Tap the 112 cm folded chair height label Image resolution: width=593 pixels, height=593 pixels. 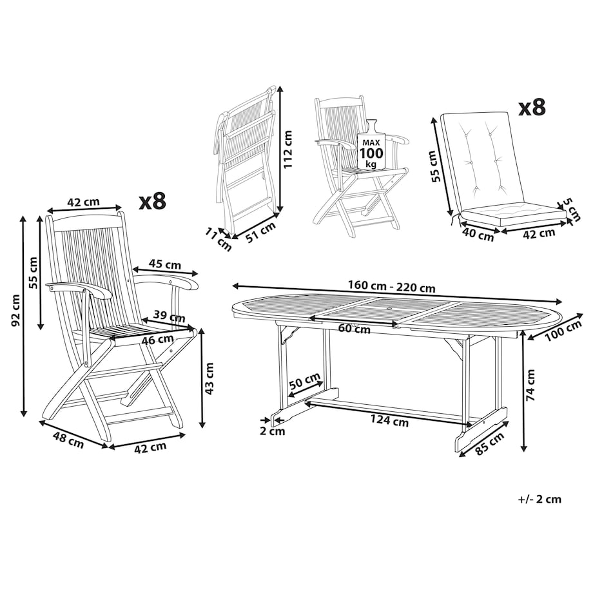pos(288,149)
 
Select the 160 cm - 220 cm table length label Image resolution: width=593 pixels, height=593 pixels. pos(391,286)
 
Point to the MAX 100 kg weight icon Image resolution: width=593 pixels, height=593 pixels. pos(371,146)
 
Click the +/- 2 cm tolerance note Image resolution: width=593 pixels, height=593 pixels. pos(540,499)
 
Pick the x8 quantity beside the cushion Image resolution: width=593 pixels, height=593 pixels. pos(531,108)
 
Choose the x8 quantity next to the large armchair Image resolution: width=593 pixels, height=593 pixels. pos(152,201)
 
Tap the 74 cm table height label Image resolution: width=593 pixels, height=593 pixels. pos(530,385)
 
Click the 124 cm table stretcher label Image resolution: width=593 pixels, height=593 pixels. pos(389,420)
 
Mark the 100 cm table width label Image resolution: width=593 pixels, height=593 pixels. pos(563,331)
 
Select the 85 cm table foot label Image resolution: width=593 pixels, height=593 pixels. pos(489,443)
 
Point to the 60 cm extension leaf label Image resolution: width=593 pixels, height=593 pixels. pos(354,328)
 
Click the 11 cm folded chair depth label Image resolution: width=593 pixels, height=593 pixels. pos(219,239)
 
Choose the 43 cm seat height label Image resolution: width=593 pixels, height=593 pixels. pos(209,378)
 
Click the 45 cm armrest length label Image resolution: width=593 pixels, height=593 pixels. pos(165,264)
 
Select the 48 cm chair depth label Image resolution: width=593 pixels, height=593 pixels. pos(68,441)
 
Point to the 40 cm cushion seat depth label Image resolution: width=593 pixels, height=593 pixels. pos(478,235)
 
